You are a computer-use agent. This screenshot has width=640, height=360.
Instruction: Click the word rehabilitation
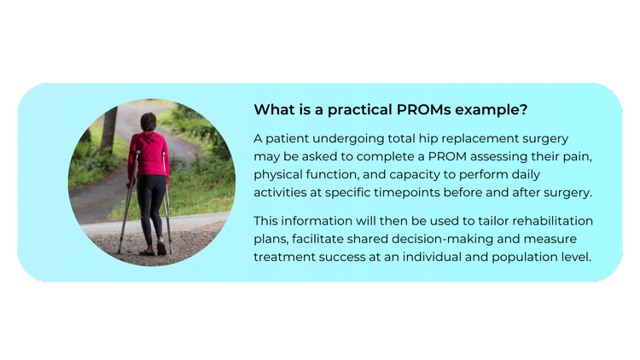click(x=555, y=221)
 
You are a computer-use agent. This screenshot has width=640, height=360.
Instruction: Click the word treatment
click(x=284, y=257)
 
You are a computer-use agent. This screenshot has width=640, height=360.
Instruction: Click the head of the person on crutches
click(x=148, y=121)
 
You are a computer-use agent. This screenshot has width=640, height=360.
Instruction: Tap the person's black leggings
click(x=152, y=205)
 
